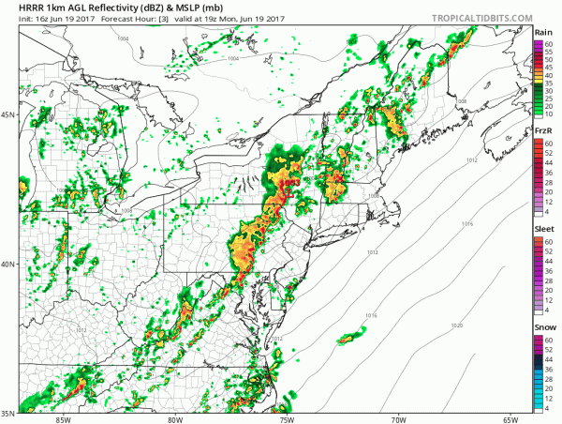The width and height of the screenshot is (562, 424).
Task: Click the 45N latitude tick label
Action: (7, 114)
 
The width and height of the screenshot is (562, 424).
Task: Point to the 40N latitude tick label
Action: (7, 264)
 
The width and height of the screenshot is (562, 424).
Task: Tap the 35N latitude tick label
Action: (7, 413)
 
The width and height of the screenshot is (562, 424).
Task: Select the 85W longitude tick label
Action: (63, 419)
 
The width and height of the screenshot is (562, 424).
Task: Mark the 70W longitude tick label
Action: (399, 419)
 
